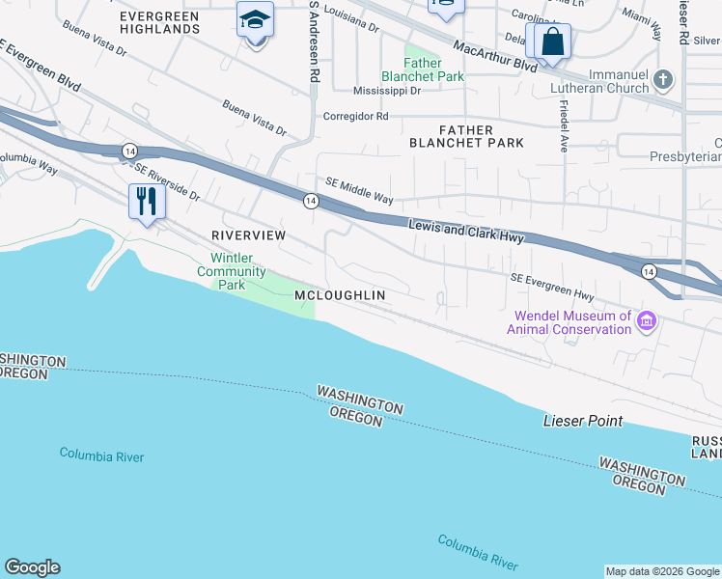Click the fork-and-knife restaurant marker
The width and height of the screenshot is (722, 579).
147,201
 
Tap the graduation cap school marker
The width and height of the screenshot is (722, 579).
255,19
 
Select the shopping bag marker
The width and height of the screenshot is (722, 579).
552,42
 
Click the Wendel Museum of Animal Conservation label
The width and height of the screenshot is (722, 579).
572,322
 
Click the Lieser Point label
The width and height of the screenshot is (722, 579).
583,421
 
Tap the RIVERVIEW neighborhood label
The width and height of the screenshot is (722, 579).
249,235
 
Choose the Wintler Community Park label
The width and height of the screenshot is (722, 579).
232,271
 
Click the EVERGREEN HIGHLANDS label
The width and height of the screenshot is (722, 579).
160,23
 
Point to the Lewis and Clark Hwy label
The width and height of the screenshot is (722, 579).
465,231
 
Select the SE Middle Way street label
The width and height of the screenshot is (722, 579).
359,190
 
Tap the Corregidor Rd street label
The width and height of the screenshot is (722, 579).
355,116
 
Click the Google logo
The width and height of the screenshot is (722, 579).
32,567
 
